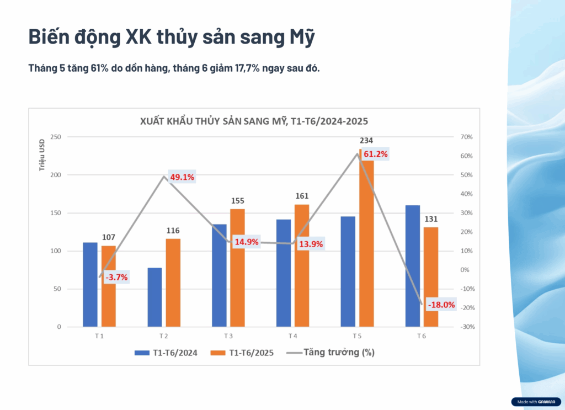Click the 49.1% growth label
coord(182,177)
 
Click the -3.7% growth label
coord(116,278)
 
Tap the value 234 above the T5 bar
coord(366,141)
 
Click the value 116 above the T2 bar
coord(173,231)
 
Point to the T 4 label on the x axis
coord(292,336)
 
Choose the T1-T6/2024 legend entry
coord(166,352)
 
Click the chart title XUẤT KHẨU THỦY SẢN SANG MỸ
coord(254,121)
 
